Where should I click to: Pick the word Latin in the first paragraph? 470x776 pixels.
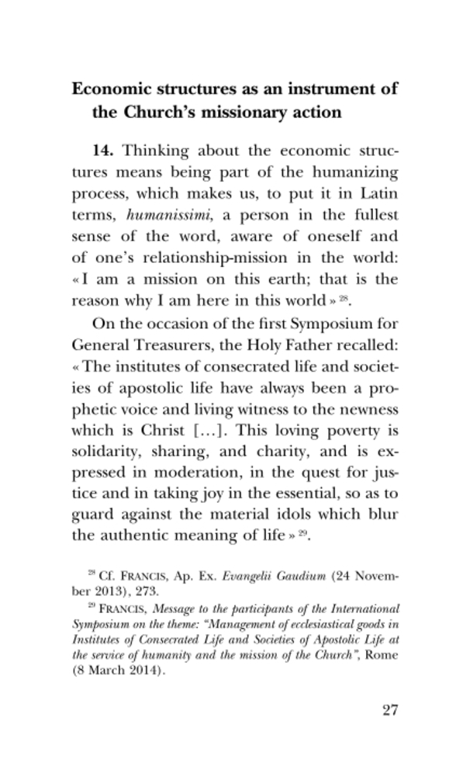[378, 195]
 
